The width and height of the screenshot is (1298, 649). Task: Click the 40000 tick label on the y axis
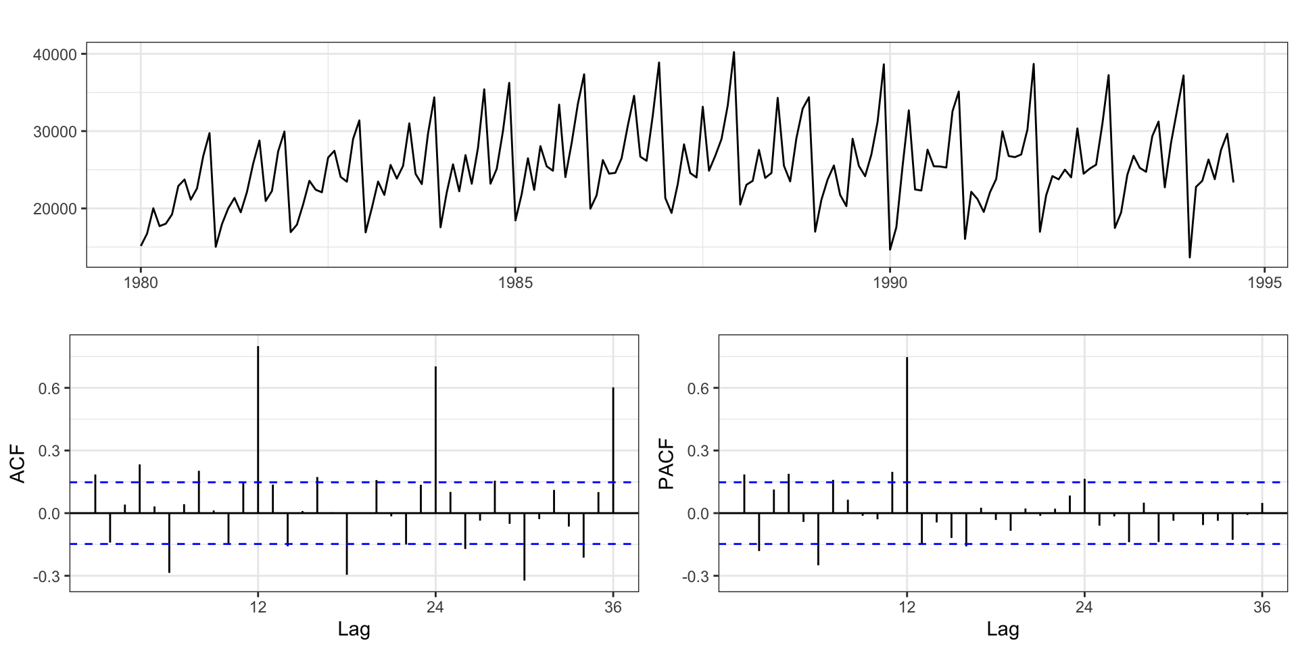coord(55,54)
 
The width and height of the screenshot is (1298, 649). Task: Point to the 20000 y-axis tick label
coord(55,209)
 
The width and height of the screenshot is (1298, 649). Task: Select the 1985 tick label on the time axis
coord(515,283)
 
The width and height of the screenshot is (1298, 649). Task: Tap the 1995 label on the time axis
coord(1264,283)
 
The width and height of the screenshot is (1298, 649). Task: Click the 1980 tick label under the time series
coord(141,283)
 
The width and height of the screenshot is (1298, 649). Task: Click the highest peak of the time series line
coord(734,53)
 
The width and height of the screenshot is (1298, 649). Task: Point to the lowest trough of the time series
coord(1190,257)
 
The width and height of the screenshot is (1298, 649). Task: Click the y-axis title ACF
coord(18,463)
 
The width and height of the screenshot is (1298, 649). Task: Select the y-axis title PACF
coord(667,463)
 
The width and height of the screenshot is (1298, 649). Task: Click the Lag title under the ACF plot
coord(354,630)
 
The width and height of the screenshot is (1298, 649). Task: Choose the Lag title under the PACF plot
coord(1003,630)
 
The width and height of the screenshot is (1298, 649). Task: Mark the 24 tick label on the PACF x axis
coord(1084,607)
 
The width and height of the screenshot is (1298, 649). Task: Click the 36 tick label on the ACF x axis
coord(613,607)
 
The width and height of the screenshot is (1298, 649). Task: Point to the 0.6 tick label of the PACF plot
coord(700,389)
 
